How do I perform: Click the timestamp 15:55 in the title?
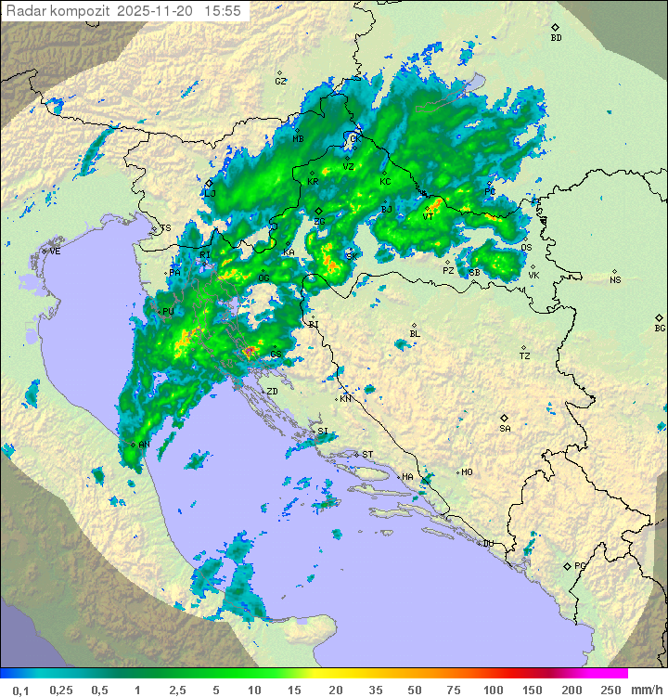(x=223, y=11)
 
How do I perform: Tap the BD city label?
(x=557, y=38)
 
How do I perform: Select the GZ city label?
(x=280, y=81)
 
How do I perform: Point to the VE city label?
(x=55, y=252)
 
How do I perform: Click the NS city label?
(x=615, y=280)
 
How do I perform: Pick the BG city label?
(x=660, y=328)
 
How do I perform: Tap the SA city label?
(x=505, y=428)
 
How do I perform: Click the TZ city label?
(x=525, y=355)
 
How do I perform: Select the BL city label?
(x=415, y=333)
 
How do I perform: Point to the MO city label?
(x=467, y=471)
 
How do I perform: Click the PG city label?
(x=580, y=565)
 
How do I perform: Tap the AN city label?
(x=144, y=445)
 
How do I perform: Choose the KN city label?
(x=346, y=398)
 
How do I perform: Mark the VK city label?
(x=533, y=275)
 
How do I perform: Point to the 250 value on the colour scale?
(x=610, y=690)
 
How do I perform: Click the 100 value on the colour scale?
(x=494, y=690)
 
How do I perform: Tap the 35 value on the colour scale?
(x=376, y=690)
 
